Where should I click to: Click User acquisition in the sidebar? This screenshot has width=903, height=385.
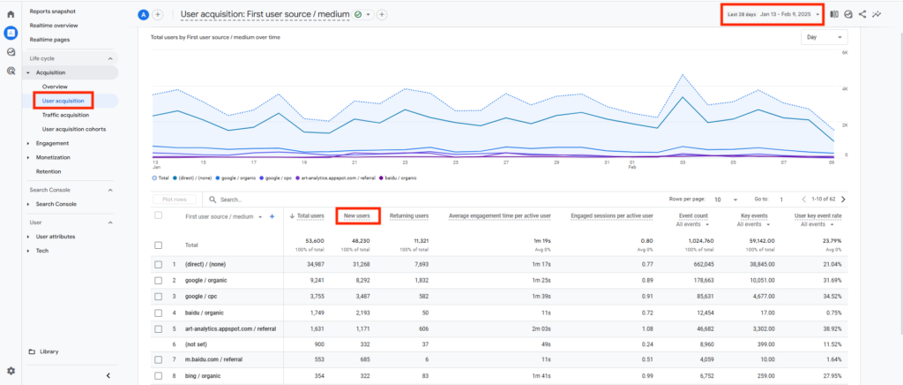63,101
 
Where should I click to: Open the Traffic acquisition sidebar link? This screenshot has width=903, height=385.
65,115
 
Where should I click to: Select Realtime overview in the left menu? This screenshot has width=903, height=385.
55,26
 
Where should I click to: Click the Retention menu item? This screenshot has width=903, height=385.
49,170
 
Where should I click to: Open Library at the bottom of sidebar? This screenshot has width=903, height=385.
49,351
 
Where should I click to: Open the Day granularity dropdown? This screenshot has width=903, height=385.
823,37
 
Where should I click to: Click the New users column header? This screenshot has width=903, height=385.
356,215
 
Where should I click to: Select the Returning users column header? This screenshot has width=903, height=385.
409,215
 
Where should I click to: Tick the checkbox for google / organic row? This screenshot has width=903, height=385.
159,280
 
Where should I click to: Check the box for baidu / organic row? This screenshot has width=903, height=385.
159,312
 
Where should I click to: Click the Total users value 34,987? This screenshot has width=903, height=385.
310,264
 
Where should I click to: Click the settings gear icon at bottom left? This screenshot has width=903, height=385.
11,371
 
